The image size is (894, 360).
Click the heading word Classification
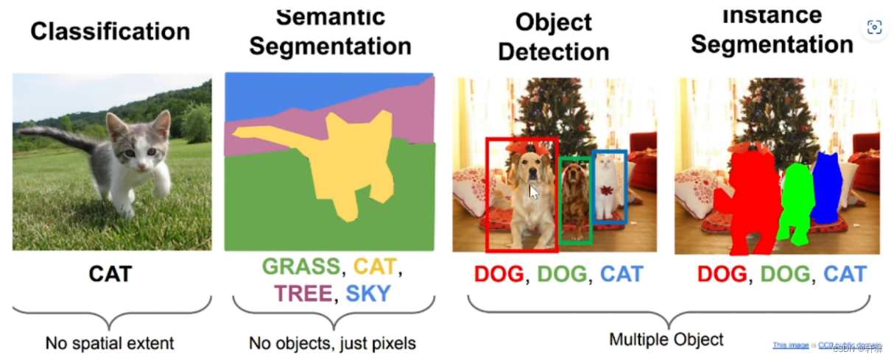coord(110,32)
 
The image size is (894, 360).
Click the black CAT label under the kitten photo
coord(110,274)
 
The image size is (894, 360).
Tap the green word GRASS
coord(301,267)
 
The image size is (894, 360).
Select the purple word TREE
coord(302,294)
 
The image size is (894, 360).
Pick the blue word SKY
coord(367,294)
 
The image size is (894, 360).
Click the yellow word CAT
coord(375,267)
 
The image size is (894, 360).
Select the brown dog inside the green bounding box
coord(575,197)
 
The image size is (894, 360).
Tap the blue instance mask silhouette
coord(826,188)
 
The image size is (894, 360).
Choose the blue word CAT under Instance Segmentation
coord(845,275)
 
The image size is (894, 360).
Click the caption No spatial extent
coord(110,343)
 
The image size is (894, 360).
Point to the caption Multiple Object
coord(666,339)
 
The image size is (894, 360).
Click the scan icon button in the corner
coord(875,27)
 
